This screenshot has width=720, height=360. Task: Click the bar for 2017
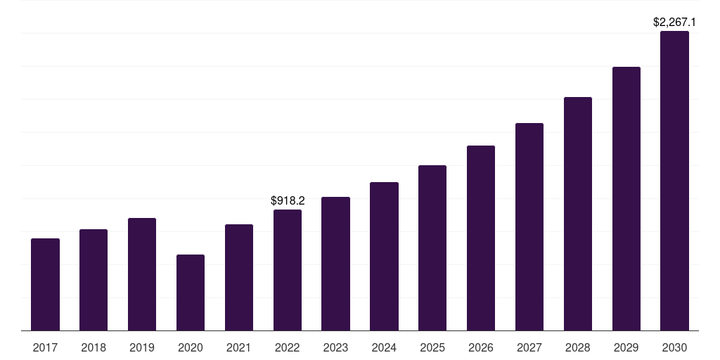45,285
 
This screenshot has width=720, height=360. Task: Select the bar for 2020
191,292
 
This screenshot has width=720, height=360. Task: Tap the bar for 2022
288,270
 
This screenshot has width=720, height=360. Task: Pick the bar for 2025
432,248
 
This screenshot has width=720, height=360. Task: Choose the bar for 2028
578,214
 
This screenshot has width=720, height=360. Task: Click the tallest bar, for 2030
674,181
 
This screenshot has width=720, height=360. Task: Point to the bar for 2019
142,274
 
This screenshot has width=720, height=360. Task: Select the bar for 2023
335,264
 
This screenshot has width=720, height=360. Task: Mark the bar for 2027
529,227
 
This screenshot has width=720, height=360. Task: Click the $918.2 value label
288,201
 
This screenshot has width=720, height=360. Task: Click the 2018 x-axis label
94,347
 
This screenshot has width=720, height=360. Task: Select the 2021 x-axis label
239,347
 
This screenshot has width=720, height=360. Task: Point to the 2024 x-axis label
384,347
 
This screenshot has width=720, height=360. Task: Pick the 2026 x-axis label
481,347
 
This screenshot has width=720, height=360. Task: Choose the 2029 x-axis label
626,347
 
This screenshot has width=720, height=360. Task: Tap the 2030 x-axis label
674,347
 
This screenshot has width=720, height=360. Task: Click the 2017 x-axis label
45,347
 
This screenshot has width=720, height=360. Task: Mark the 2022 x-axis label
288,347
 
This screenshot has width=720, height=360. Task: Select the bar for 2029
626,199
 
